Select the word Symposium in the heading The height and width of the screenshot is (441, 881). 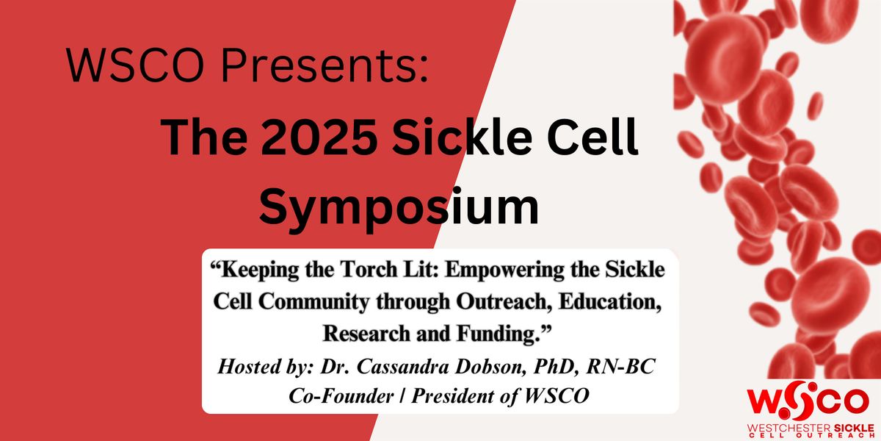click(399, 208)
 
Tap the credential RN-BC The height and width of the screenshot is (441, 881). click(620, 367)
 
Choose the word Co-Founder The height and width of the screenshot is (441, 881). click(341, 396)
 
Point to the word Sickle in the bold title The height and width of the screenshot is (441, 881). click(461, 139)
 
